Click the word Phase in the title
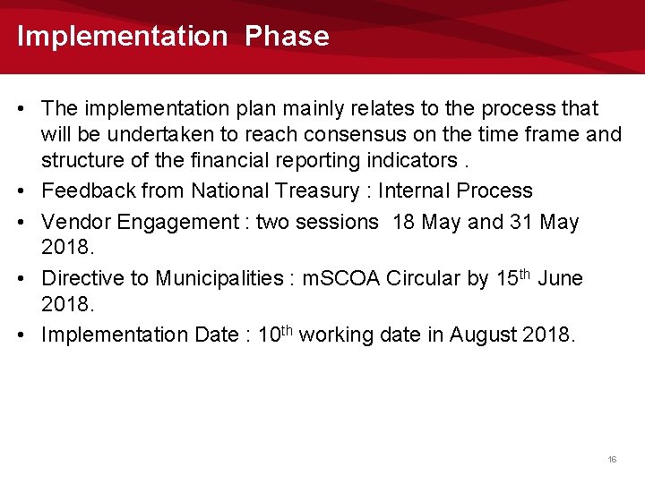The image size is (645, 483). point(287,37)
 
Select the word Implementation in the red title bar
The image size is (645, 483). point(123,37)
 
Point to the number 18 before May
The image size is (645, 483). point(404,222)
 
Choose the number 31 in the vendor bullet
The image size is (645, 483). point(517,222)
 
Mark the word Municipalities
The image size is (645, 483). point(219,278)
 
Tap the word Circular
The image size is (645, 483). point(427,278)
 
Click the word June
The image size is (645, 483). point(560,278)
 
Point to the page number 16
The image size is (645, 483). point(612,459)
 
